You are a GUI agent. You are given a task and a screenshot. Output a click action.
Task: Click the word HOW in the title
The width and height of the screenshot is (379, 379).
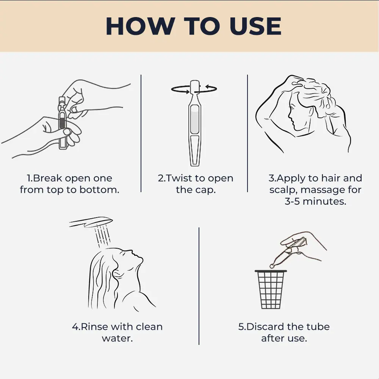click(141, 26)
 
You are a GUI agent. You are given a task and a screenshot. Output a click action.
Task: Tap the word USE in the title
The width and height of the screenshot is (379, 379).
click(255, 26)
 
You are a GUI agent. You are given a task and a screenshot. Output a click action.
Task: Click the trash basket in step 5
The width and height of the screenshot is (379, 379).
click(271, 289)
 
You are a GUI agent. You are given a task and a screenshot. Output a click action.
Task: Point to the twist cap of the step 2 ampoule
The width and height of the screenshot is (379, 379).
click(194, 87)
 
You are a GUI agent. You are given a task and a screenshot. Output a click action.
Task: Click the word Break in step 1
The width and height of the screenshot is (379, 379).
click(48, 178)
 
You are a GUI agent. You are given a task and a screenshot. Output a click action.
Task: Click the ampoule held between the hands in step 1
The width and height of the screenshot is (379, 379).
click(62, 123)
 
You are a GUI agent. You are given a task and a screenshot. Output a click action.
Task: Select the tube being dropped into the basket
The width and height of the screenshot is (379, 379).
click(288, 252)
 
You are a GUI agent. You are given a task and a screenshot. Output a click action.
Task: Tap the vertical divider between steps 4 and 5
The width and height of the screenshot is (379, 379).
click(199, 286)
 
